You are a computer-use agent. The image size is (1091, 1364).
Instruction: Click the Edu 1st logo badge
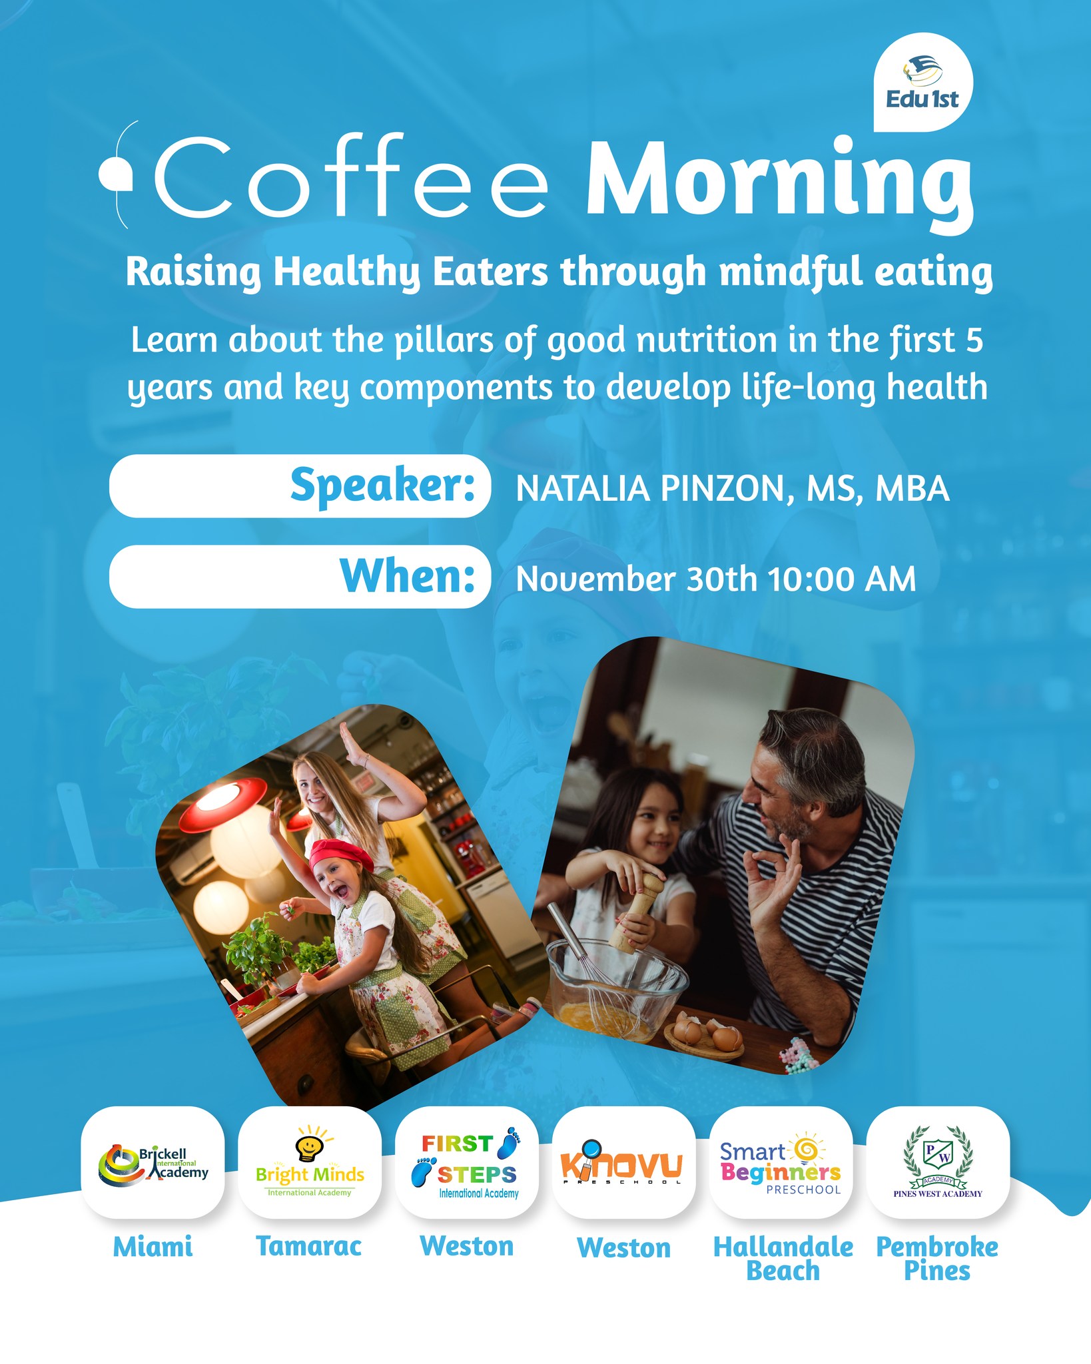[x=922, y=84]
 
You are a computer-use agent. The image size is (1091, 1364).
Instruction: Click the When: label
[x=408, y=575]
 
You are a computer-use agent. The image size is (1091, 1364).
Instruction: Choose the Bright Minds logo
[x=310, y=1162]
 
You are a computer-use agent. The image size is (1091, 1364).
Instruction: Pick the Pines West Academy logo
[x=938, y=1162]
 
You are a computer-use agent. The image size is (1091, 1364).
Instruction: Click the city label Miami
[x=153, y=1247]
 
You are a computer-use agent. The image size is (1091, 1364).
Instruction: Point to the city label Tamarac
[x=309, y=1246]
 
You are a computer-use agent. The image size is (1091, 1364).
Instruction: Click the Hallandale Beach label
[x=783, y=1259]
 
